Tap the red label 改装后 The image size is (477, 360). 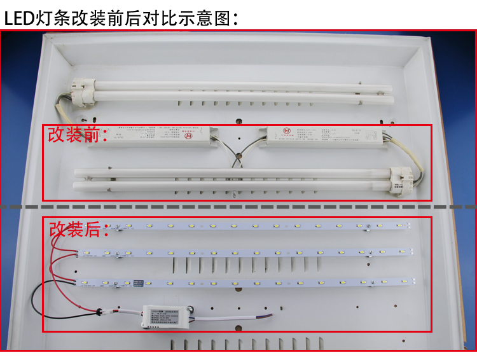coord(75,229)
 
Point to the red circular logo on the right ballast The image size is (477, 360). coord(287,134)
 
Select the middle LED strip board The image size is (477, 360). coord(248,253)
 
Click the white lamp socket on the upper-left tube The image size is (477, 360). coord(80,89)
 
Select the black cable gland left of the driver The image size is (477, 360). coord(99,312)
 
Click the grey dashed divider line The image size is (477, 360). coord(238,207)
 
